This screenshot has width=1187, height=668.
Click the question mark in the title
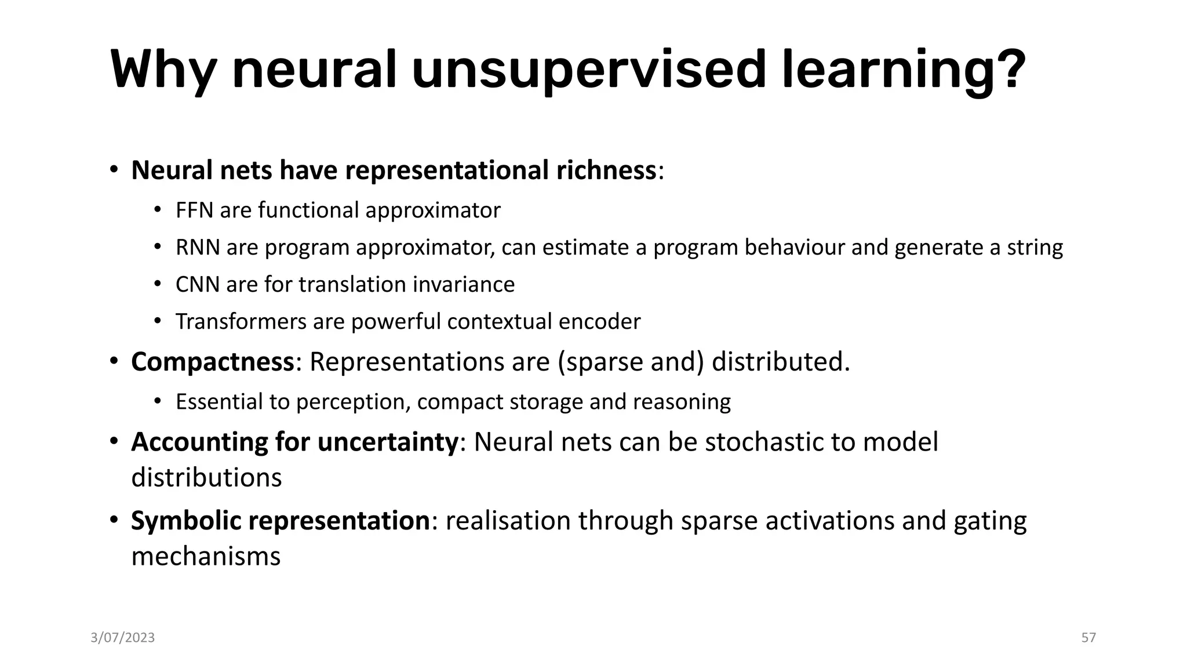[1007, 70]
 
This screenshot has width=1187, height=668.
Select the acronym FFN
[195, 210]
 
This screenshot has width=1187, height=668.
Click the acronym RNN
[198, 247]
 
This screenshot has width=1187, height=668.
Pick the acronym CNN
[198, 284]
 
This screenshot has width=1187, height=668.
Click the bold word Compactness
[213, 362]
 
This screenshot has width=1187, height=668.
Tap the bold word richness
[606, 170]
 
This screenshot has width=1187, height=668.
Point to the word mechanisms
[206, 557]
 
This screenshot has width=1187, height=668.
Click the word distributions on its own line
[206, 478]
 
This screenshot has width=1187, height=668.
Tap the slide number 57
[1088, 638]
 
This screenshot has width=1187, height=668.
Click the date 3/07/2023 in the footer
[123, 638]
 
